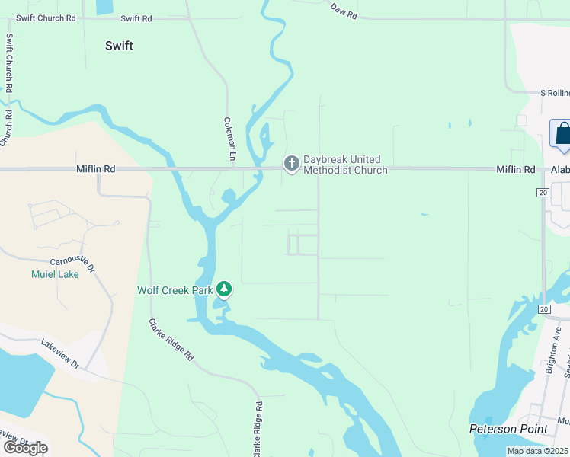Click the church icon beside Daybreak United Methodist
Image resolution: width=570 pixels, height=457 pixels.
(x=290, y=164)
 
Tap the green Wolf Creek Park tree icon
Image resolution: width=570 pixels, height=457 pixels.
(x=224, y=289)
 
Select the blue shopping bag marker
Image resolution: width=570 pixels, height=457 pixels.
(x=562, y=133)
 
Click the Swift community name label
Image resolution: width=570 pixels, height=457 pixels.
(x=119, y=46)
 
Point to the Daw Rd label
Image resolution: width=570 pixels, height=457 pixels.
(x=344, y=8)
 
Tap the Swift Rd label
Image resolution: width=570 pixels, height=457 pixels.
(x=136, y=18)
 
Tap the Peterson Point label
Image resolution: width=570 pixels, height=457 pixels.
(x=508, y=429)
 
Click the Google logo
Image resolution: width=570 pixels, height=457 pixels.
(x=24, y=447)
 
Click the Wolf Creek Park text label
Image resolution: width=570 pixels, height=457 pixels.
(x=175, y=290)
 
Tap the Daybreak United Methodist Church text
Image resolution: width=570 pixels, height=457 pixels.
(x=345, y=165)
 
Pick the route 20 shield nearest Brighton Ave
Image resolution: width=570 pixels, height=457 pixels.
(x=543, y=308)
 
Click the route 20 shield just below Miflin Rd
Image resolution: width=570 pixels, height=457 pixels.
(x=543, y=193)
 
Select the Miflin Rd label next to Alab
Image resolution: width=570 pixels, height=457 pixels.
(x=515, y=170)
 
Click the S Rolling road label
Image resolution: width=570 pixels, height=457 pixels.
(x=554, y=93)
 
